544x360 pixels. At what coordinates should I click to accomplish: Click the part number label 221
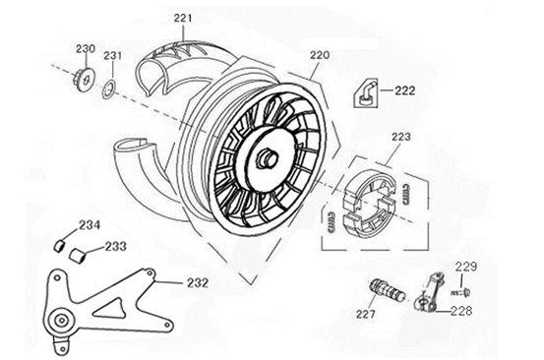[184, 19]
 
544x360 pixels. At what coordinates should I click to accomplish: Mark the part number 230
[86, 48]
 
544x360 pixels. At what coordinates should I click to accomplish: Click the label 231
[113, 55]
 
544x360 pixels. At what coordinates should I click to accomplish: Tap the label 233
[116, 247]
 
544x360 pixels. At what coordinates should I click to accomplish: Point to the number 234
[90, 224]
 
